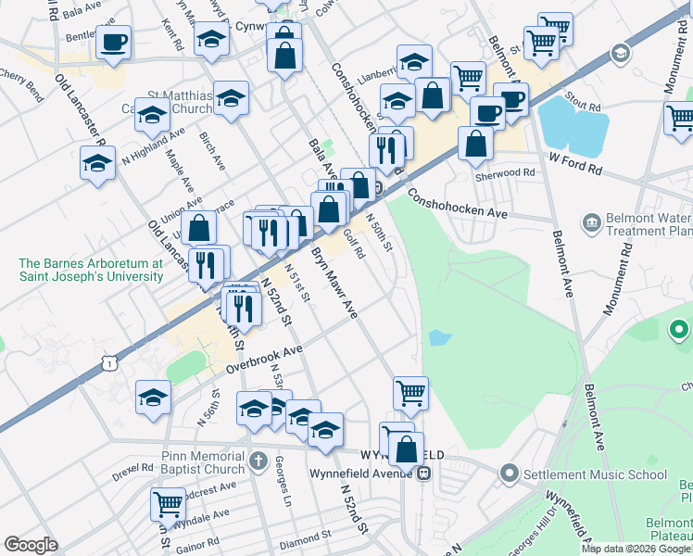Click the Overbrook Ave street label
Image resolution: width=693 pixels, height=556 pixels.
click(x=266, y=358)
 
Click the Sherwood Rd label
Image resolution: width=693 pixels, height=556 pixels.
click(x=509, y=172)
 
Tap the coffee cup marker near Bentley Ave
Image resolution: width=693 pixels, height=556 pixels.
click(x=114, y=42)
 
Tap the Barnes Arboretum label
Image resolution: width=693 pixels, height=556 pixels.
click(x=91, y=270)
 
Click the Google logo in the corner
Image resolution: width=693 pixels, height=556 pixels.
click(x=31, y=545)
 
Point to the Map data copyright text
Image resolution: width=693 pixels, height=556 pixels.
click(x=636, y=549)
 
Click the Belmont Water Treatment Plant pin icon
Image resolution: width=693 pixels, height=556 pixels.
click(x=590, y=222)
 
